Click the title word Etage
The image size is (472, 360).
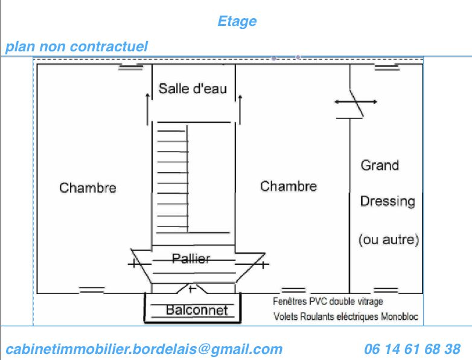(x=237, y=22)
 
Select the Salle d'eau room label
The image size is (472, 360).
(x=193, y=89)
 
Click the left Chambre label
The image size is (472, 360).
(x=88, y=188)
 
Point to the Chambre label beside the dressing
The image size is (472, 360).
(x=289, y=186)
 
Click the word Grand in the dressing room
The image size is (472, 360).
(x=380, y=166)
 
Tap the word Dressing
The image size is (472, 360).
(x=387, y=202)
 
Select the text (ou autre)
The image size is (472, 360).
(x=389, y=240)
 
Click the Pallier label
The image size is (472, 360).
(x=191, y=259)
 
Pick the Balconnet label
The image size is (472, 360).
(x=197, y=310)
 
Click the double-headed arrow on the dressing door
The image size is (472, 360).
(x=356, y=102)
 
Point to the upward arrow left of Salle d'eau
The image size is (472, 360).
(x=147, y=109)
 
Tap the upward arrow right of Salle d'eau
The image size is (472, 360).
(x=240, y=109)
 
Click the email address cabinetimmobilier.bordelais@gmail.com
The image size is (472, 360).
(x=144, y=350)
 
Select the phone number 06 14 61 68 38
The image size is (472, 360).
(x=412, y=349)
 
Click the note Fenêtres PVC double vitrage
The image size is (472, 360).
(x=328, y=301)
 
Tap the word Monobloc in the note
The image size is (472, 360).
(x=400, y=317)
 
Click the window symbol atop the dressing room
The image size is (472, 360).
(x=387, y=67)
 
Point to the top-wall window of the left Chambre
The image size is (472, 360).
(x=131, y=67)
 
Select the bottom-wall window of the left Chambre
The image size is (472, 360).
(x=92, y=290)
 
